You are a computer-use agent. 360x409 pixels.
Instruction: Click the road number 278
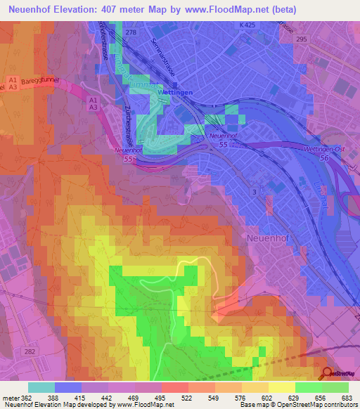pyautogui.click(x=129, y=33)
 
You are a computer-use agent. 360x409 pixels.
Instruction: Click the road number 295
pyautogui.click(x=302, y=40)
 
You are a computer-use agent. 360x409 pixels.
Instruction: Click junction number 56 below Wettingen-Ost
pyautogui.click(x=325, y=159)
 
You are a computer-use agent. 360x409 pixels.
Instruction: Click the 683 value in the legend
pyautogui.click(x=347, y=397)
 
